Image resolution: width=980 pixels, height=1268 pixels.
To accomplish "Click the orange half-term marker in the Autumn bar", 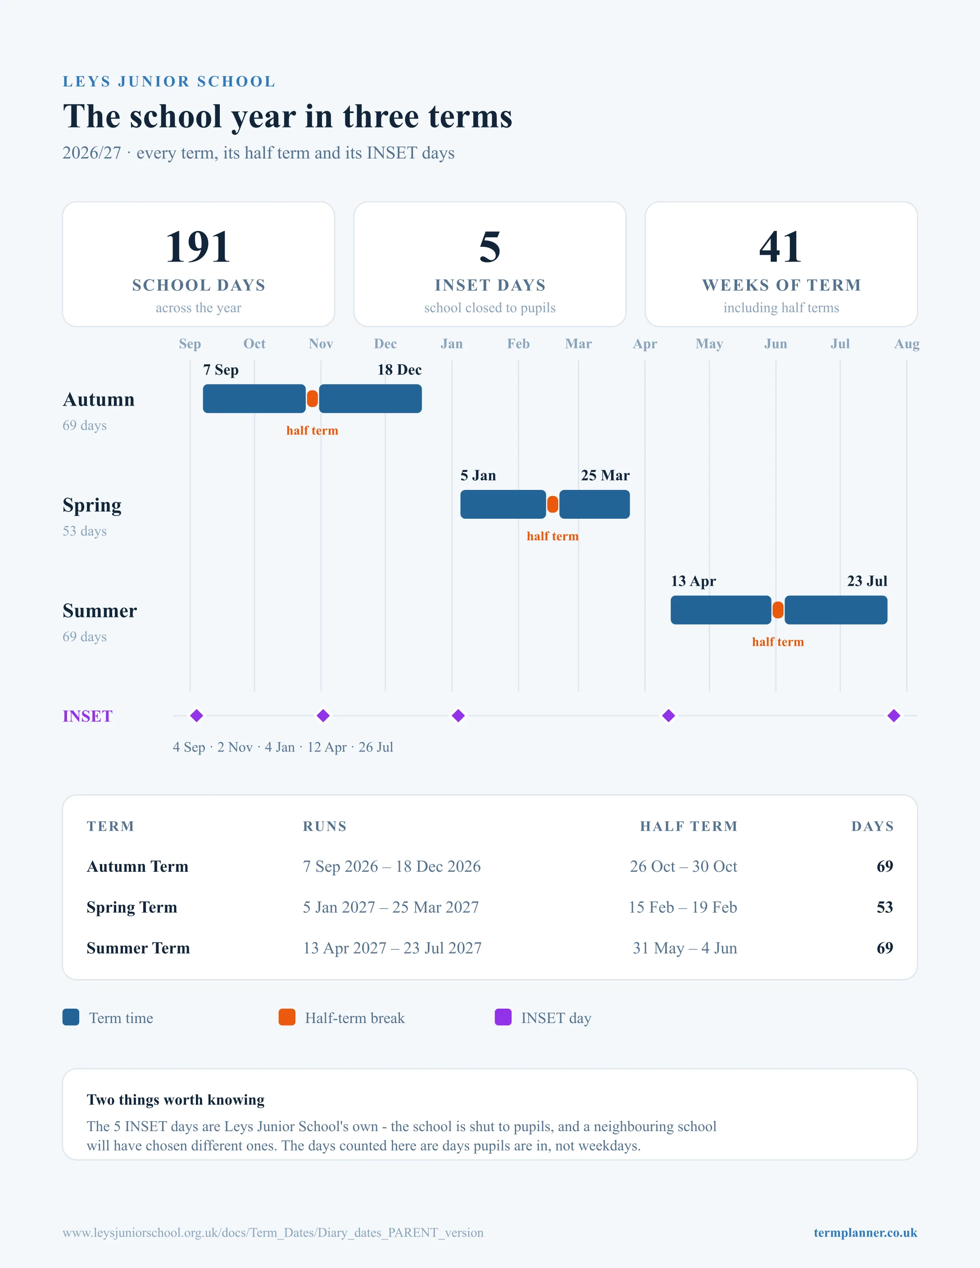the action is tap(313, 399).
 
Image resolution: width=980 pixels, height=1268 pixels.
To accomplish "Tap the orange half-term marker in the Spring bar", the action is tap(553, 504).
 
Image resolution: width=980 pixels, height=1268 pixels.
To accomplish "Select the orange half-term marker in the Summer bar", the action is tap(778, 610).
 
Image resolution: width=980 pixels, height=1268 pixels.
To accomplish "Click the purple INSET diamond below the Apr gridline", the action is tap(669, 716).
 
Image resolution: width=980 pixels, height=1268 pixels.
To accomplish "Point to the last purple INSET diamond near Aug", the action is tap(894, 716).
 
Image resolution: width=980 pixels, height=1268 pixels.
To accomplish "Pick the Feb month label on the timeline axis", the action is tap(518, 344).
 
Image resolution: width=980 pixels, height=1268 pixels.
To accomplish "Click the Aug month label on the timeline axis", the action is tap(907, 344).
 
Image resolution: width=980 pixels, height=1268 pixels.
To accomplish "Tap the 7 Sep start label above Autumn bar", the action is tap(221, 370).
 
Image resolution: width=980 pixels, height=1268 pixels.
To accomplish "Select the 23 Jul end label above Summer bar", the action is tap(867, 581).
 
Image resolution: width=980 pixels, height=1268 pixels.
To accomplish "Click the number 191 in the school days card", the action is tap(198, 247).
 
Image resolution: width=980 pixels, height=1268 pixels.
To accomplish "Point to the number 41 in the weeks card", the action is tap(781, 247).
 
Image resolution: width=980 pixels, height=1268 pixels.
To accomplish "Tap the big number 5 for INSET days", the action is tap(490, 247).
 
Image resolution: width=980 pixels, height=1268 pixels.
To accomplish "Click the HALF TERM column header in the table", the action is tap(689, 826).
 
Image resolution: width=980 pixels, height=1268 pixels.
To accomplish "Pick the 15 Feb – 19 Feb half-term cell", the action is tap(683, 907).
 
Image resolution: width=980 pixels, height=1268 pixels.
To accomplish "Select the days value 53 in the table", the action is tap(885, 907).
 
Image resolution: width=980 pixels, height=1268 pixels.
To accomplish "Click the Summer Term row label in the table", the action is tap(138, 948).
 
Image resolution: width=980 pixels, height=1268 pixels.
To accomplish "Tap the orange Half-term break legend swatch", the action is tap(287, 1017).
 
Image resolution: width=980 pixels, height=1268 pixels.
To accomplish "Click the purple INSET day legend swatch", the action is tap(503, 1017).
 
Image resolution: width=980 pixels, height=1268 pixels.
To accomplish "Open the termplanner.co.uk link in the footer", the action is tap(865, 1232).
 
